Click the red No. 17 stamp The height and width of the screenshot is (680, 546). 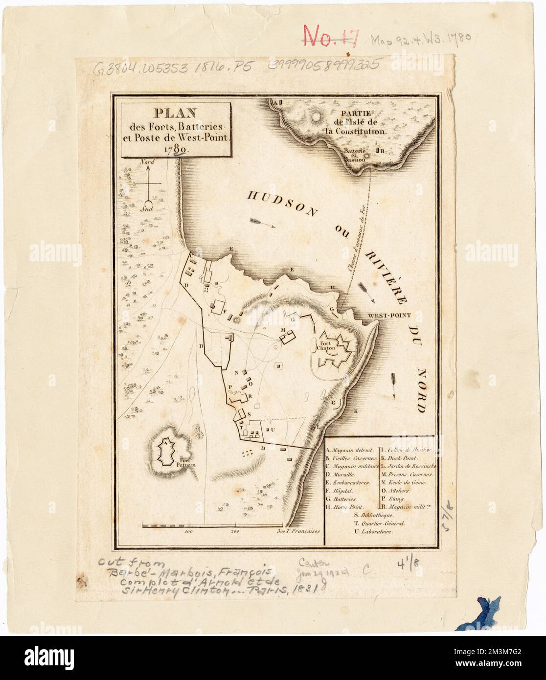(x=332, y=35)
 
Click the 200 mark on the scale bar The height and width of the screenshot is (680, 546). (x=234, y=531)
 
